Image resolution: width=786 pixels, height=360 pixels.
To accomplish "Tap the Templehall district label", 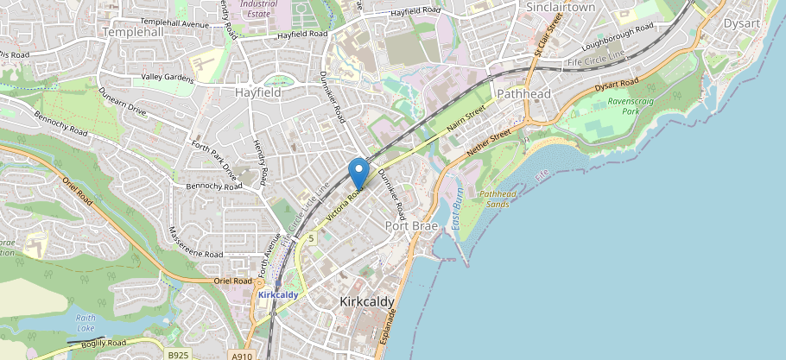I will click(132, 31).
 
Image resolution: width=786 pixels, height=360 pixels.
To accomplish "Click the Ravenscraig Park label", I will click(635, 106).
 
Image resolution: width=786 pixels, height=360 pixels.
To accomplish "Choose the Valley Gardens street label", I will click(167, 78).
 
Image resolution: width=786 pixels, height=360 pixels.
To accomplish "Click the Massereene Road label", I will click(196, 244).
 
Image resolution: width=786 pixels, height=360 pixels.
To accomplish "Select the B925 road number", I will click(179, 355).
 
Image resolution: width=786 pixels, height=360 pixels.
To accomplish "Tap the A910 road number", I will click(242, 355).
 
